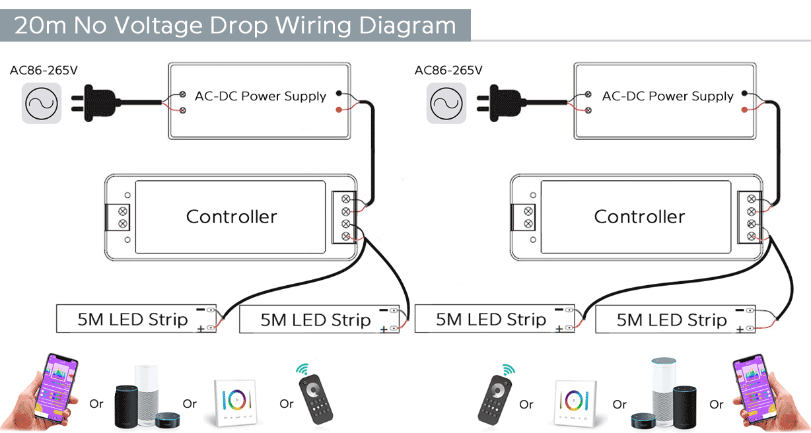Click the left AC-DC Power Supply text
coord(260,96)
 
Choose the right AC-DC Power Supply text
coord(668,96)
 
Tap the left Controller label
coord(231,216)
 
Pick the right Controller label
coord(639,216)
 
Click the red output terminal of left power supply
coord(339,109)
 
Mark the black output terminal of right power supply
coord(744,93)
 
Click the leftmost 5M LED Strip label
coord(133,319)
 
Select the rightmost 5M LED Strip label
coord(672,320)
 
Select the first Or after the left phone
coord(96,404)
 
